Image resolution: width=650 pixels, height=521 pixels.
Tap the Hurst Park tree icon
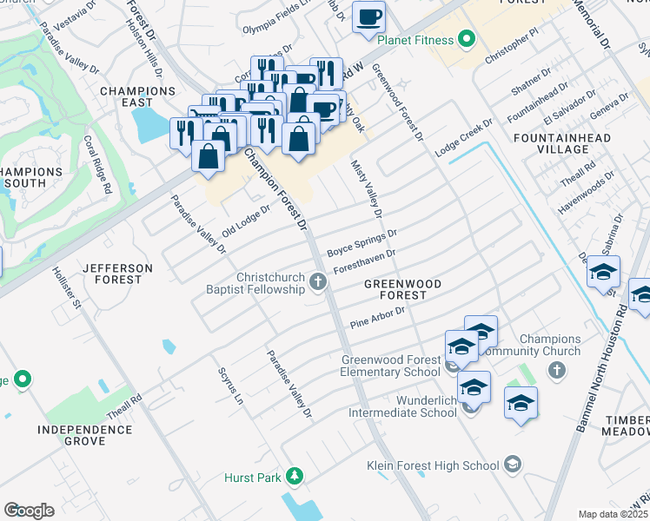[x=295, y=476]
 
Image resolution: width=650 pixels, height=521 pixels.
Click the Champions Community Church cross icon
[x=557, y=371]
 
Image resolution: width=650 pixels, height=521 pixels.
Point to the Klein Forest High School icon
[x=513, y=464]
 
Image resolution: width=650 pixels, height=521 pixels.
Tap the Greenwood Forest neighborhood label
[x=402, y=290]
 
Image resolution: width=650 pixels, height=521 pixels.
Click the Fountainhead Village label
[x=562, y=143]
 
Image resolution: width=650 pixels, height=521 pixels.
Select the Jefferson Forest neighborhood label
[x=117, y=274]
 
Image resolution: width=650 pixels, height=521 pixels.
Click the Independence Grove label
[x=84, y=435]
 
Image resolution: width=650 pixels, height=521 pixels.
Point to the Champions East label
[x=138, y=96]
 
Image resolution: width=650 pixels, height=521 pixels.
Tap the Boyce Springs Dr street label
[x=361, y=242]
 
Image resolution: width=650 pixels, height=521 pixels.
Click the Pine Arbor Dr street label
[x=378, y=317]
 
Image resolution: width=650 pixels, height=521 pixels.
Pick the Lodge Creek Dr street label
[x=464, y=135]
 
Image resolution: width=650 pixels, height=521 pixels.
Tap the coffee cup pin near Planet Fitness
[x=368, y=16]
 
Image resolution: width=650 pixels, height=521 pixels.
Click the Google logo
[x=29, y=510]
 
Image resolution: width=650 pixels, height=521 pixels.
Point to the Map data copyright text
[x=614, y=514]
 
